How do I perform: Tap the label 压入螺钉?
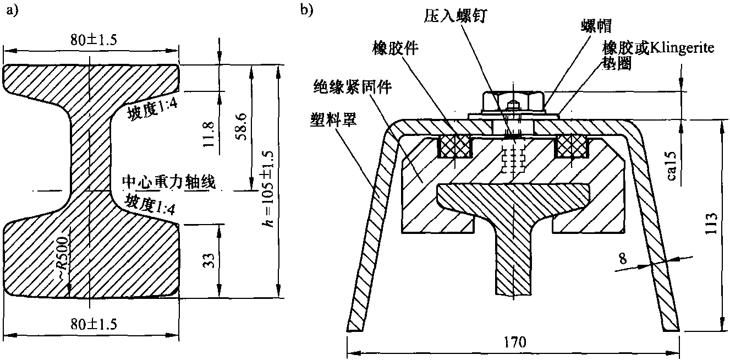point(453,15)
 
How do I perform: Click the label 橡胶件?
point(394,49)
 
